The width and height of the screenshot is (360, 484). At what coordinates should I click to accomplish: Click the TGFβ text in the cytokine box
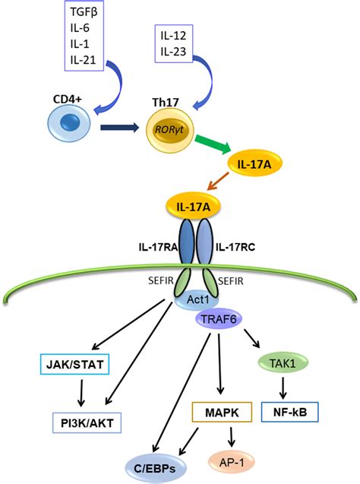click(84, 12)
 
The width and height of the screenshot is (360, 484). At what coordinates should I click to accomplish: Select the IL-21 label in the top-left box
click(83, 59)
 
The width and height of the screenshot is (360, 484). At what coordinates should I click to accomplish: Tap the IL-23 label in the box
click(173, 52)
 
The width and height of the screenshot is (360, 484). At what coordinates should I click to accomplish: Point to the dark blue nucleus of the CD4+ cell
click(70, 122)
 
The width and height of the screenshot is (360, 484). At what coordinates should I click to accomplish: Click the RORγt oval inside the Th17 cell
click(169, 129)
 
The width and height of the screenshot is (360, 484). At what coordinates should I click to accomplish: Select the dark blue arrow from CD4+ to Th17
click(120, 128)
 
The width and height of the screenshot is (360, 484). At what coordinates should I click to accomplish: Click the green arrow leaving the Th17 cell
click(213, 144)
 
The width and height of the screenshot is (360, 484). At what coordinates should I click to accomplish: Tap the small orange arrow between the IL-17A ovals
click(218, 181)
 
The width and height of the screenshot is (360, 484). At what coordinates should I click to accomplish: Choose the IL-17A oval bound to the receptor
click(194, 207)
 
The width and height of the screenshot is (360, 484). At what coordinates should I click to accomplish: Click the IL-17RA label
click(158, 247)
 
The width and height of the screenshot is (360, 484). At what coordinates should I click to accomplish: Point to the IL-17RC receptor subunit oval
click(204, 241)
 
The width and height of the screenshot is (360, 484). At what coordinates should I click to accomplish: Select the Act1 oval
click(197, 299)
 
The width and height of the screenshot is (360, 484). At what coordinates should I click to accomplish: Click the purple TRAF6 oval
click(219, 319)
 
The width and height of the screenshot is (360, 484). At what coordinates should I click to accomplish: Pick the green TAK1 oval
click(283, 363)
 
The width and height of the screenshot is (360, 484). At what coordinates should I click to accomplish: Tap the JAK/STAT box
click(74, 364)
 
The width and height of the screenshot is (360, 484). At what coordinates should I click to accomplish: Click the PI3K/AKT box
click(87, 423)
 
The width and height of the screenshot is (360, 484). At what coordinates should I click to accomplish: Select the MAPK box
click(222, 412)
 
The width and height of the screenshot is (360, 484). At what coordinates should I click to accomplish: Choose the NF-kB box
click(290, 412)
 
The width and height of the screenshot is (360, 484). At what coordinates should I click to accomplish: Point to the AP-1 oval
click(232, 463)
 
